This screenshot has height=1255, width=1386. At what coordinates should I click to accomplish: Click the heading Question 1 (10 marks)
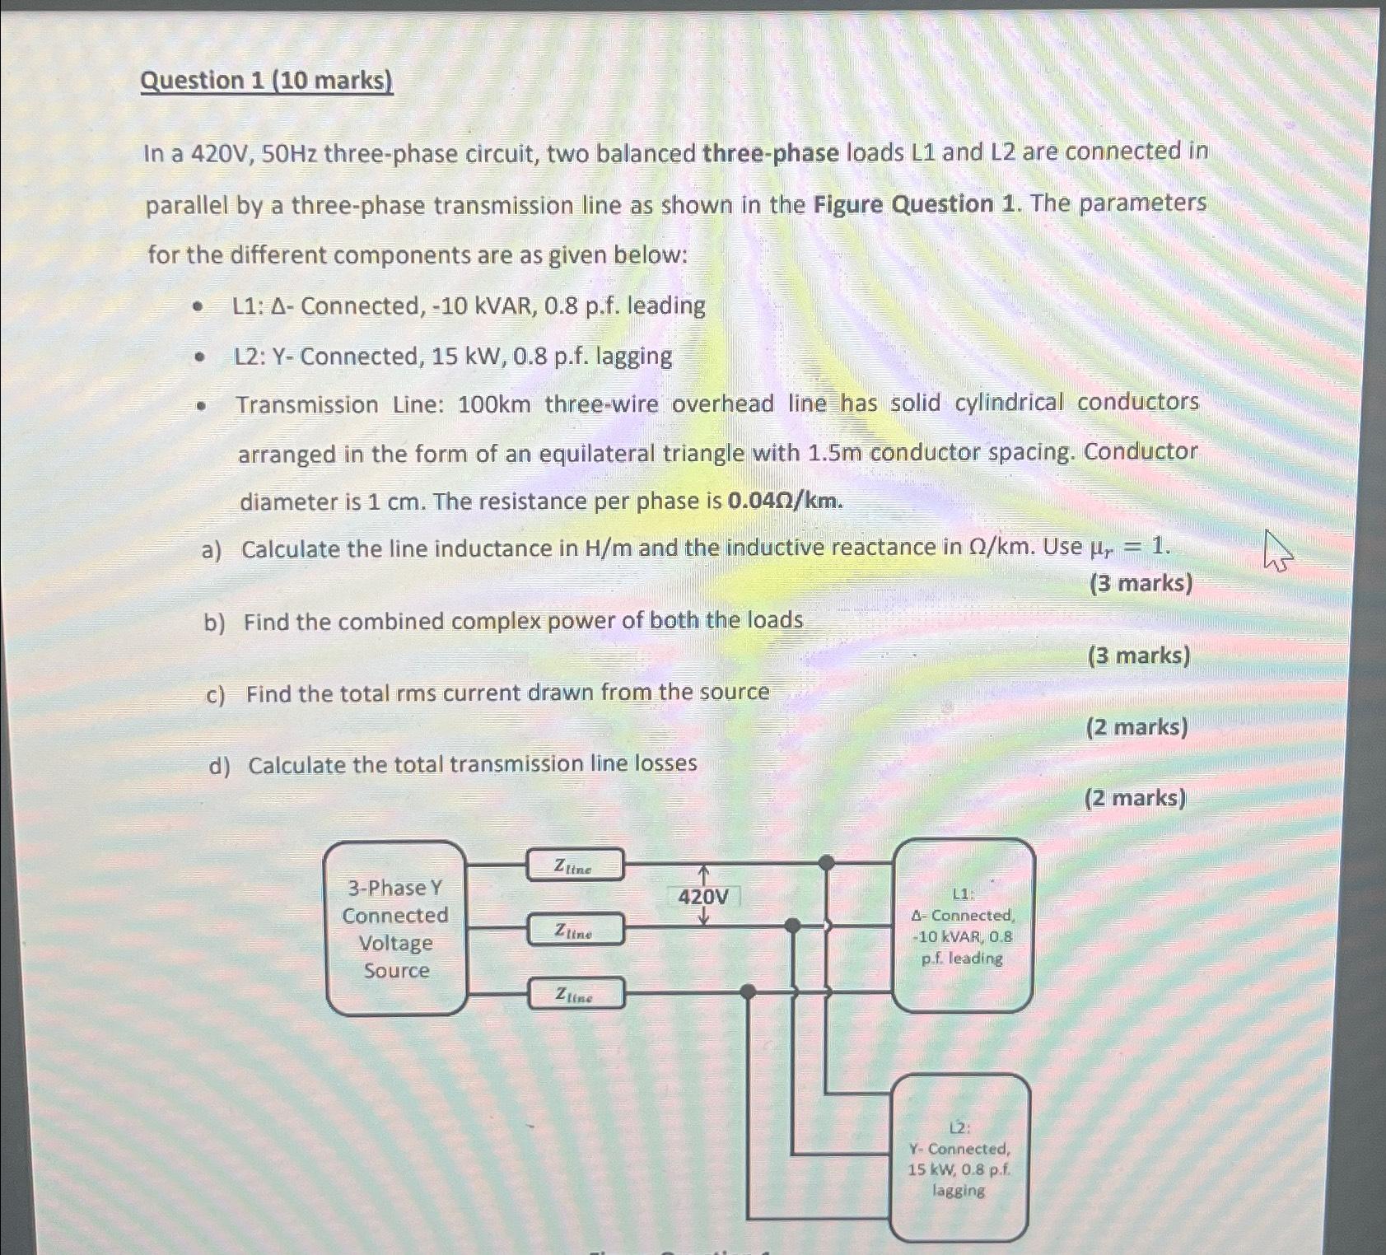[266, 81]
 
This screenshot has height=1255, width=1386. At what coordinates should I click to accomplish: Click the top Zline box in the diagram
[575, 865]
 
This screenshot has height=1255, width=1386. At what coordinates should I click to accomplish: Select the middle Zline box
[575, 931]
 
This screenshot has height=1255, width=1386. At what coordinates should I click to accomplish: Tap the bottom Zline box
[575, 995]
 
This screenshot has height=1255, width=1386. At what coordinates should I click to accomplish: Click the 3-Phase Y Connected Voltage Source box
[396, 928]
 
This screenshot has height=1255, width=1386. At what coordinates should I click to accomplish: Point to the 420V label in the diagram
[703, 897]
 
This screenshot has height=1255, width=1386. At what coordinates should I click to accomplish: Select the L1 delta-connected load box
[963, 926]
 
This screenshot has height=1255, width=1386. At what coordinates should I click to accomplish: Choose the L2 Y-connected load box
[959, 1158]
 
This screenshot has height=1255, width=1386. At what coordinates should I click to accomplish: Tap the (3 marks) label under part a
[1141, 584]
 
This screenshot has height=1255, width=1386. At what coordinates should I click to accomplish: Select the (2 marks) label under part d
[1135, 798]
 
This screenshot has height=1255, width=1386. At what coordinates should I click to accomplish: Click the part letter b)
[215, 623]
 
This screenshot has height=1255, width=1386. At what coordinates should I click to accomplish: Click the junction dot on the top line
[826, 863]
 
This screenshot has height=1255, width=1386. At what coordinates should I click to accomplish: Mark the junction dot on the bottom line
[748, 992]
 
